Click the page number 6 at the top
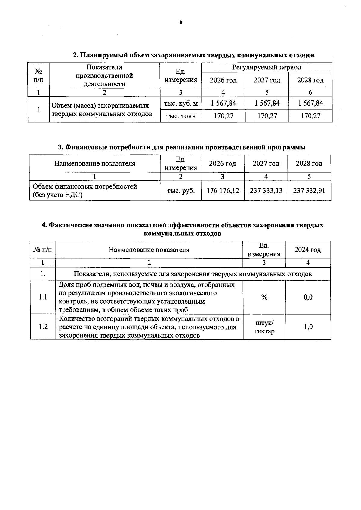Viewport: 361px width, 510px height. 181,22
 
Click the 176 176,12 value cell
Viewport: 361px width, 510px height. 223,190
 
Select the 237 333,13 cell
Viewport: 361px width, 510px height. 266,190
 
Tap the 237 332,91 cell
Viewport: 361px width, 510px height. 309,190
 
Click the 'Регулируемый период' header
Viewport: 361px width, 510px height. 267,67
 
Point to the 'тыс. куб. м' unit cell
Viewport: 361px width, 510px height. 181,103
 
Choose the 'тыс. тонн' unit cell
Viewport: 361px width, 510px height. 181,116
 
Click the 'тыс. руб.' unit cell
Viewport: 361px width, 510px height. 181,190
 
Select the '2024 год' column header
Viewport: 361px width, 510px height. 307,250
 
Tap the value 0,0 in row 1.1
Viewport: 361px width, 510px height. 308,297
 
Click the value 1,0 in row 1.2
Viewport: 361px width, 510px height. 308,327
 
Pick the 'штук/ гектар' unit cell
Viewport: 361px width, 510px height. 264,327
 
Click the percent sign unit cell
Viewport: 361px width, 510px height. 264,297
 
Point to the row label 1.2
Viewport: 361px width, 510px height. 43,327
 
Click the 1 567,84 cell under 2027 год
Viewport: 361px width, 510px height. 267,103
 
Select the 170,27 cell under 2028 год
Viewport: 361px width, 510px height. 310,116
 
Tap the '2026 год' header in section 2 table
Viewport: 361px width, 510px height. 223,80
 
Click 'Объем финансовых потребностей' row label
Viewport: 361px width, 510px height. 85,186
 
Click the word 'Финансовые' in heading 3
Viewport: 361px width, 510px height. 85,147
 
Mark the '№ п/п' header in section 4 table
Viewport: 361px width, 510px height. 43,250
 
